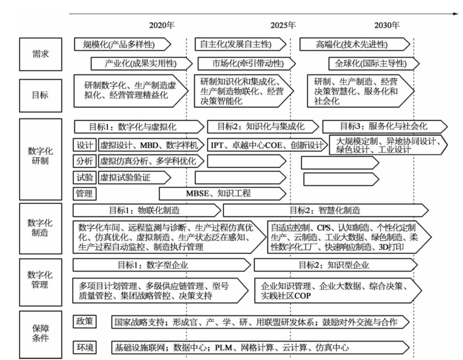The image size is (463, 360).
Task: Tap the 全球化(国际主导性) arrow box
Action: tap(372, 64)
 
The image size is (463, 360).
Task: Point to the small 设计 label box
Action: tap(84, 144)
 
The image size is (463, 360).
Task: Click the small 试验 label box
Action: tap(84, 177)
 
